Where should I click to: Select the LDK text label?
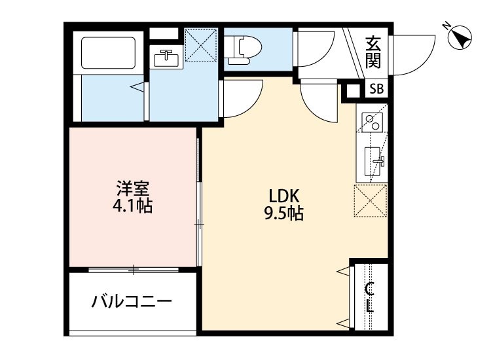point(284,196)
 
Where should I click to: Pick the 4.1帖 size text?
point(133,207)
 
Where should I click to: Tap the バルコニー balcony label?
point(132,302)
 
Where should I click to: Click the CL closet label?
point(370,297)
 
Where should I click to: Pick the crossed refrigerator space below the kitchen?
point(370,200)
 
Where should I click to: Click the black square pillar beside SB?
point(354,90)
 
